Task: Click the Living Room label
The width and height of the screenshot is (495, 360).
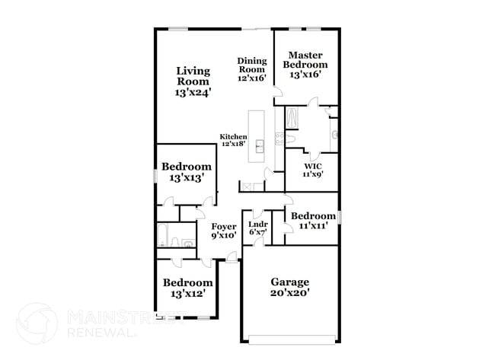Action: coord(193,81)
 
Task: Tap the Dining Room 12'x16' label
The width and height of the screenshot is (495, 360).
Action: coord(251,69)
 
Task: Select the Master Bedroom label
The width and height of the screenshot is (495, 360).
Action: coord(305,65)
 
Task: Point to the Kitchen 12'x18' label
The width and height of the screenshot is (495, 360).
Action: coord(233,140)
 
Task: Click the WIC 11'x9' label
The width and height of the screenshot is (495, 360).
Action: coord(313,170)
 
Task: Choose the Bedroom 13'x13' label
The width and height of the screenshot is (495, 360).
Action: coord(186,172)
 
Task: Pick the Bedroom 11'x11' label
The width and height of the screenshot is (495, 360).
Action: coord(313,221)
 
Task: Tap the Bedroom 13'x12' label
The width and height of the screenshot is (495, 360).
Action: coord(187,287)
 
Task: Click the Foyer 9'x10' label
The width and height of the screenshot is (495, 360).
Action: coord(223,231)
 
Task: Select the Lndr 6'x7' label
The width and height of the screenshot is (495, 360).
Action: coord(256,228)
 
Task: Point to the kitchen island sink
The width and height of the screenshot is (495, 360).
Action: coord(259,145)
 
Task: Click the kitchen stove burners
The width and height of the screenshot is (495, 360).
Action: coord(279,139)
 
